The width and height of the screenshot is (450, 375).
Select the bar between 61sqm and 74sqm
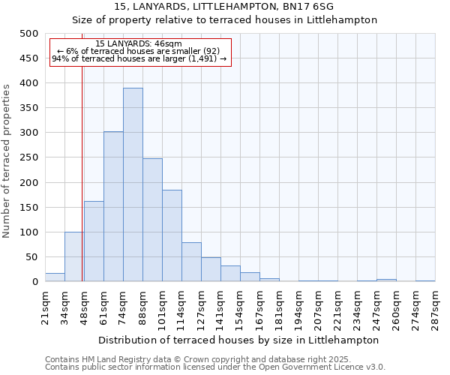(113, 207)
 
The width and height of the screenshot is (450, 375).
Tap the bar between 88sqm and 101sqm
(152, 220)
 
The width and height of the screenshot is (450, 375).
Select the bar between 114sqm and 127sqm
(191, 262)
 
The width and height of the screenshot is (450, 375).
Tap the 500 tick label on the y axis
(28, 34)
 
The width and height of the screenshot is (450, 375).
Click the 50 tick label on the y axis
(31, 257)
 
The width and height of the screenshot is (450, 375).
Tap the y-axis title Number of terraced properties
(7, 160)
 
